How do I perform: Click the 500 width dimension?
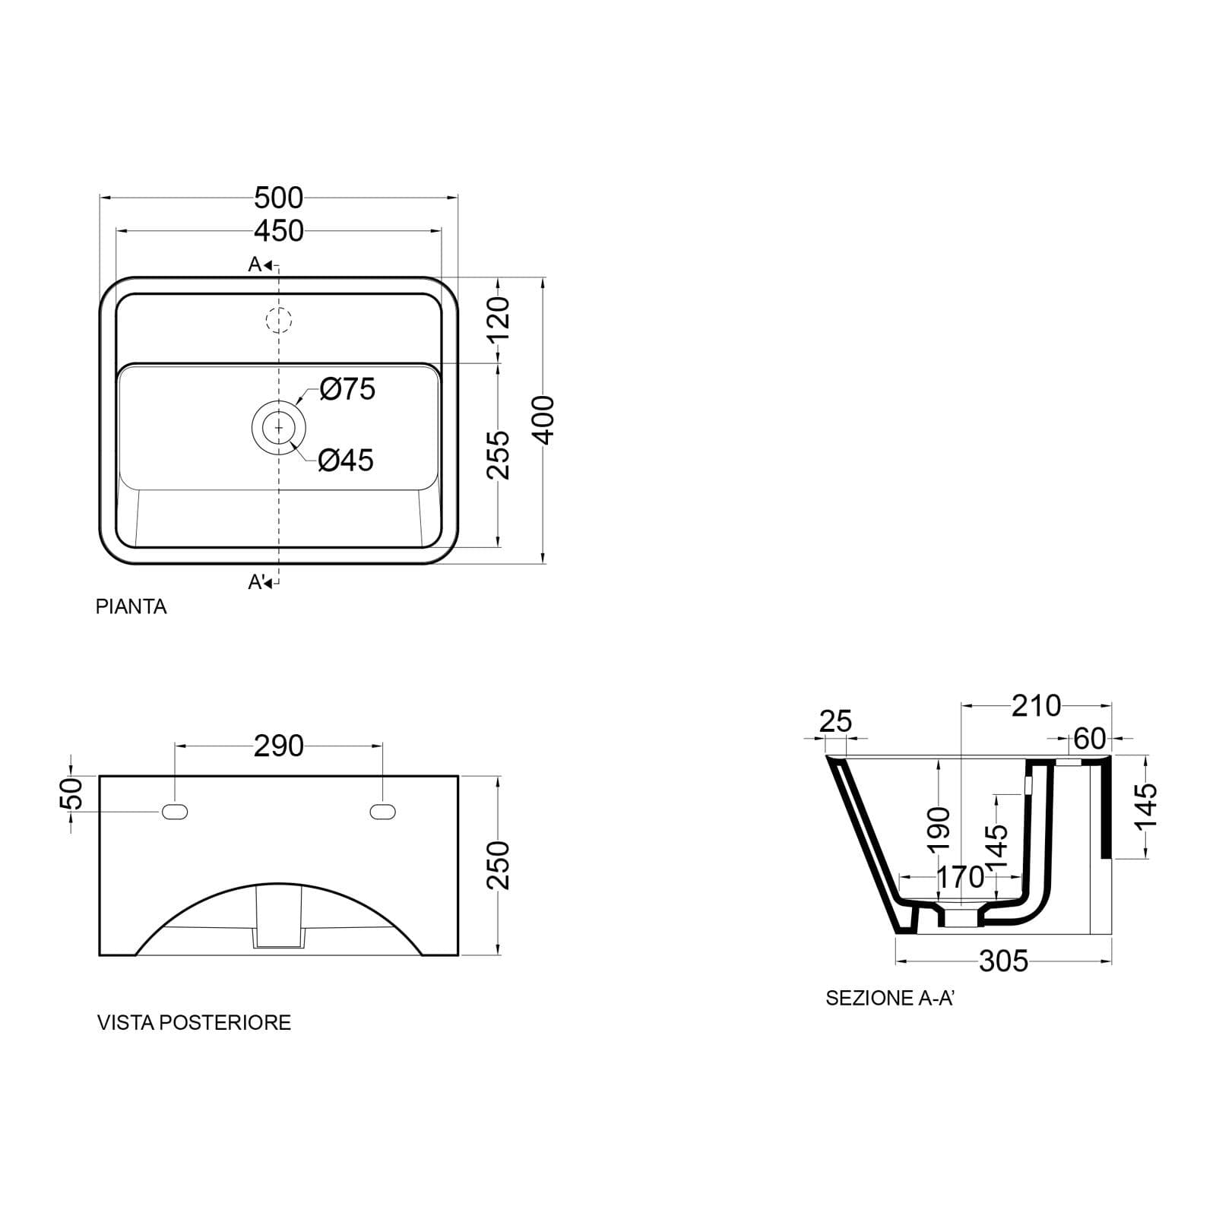[279, 198]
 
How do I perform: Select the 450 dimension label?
[279, 231]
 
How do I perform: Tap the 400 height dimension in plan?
[544, 420]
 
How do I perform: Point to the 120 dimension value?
[498, 319]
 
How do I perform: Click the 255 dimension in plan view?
[498, 454]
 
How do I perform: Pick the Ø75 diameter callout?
[347, 389]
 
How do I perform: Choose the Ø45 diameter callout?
[346, 461]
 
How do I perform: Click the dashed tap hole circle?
[279, 320]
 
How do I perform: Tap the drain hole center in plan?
[279, 429]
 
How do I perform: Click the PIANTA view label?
[131, 606]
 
